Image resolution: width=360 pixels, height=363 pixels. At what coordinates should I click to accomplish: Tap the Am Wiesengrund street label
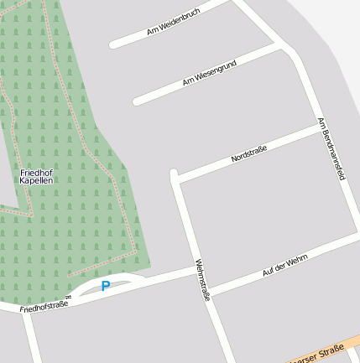point(209,74)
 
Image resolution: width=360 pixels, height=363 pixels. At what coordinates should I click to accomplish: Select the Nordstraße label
point(248,154)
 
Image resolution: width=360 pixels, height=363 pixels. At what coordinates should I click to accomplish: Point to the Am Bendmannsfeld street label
point(332,149)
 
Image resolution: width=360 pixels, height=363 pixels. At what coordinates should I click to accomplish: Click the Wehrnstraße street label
point(202,280)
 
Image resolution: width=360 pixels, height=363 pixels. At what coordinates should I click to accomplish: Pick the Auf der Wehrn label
point(285,266)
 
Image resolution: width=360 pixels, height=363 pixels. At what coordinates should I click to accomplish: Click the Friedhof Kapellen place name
point(36,176)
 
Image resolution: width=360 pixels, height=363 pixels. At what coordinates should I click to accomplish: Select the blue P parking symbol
point(106,286)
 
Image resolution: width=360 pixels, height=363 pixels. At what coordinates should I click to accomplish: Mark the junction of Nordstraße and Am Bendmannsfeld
point(318,132)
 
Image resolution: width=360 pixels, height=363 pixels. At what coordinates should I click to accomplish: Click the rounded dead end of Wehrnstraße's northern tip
point(175,174)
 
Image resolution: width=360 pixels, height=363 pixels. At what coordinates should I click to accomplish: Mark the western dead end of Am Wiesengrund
point(137,101)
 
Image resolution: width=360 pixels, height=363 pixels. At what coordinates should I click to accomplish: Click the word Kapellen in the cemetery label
point(36,181)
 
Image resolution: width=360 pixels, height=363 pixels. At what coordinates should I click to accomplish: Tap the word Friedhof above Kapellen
point(36,172)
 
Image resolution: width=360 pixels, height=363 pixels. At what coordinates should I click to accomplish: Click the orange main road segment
point(336,347)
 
